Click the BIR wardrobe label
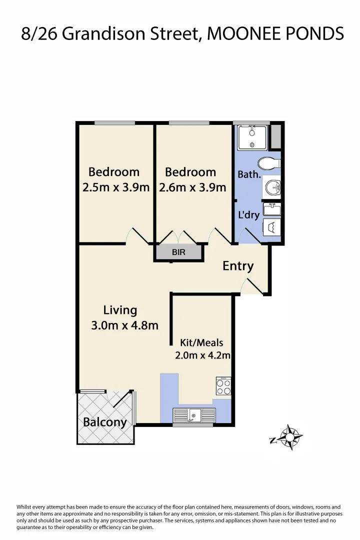(178, 252)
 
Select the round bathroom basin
(273, 188)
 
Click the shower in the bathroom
(252, 137)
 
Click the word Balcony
(105, 422)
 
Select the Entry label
(238, 266)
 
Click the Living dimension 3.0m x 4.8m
(125, 325)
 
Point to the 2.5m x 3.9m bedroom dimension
(116, 188)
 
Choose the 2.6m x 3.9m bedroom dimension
(192, 188)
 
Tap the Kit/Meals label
(201, 343)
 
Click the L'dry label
(248, 215)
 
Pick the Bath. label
(249, 174)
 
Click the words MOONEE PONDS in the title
(275, 33)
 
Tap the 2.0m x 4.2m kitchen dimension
(202, 356)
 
